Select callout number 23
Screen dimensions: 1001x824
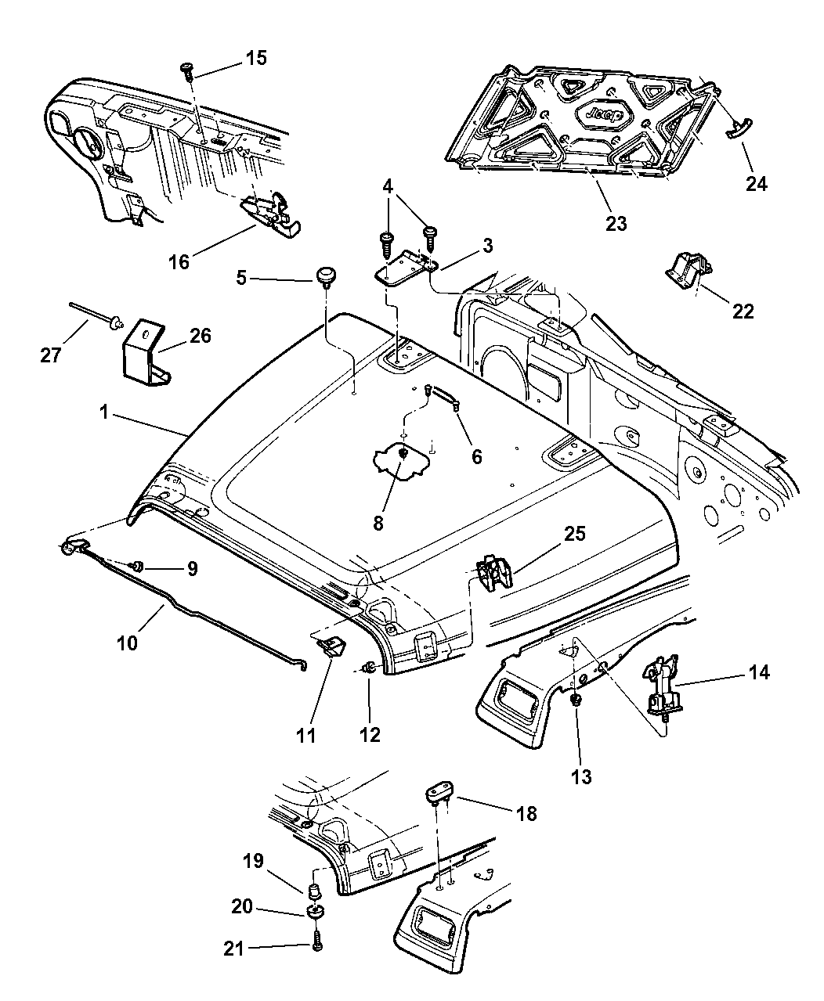click(x=616, y=224)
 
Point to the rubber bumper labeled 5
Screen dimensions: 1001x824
click(x=324, y=276)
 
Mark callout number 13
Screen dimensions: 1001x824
click(x=581, y=776)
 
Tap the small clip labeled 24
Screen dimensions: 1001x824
click(x=739, y=130)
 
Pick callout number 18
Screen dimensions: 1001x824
click(x=526, y=814)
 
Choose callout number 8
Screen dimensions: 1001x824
click(x=378, y=523)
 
